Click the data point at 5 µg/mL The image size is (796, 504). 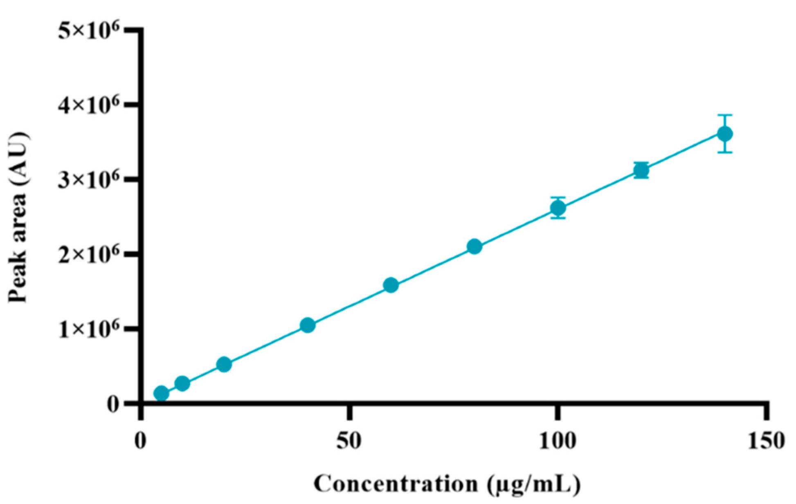[x=161, y=393]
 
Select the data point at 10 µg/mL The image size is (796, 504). [x=182, y=383]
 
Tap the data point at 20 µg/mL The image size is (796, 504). [x=224, y=364]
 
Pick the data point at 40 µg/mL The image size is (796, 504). [x=307, y=325]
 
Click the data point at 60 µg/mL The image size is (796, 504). [x=391, y=285]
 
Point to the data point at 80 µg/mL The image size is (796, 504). [x=474, y=246]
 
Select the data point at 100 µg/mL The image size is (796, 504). [x=558, y=208]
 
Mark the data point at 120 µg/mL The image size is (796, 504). [x=641, y=170]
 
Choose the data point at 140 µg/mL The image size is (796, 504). [x=725, y=134]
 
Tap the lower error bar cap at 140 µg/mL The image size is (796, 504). [x=725, y=152]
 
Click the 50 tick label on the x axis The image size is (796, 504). [x=349, y=441]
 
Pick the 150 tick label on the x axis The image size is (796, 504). [x=766, y=441]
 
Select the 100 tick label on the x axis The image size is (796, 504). [x=557, y=441]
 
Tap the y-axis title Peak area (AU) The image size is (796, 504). [x=18, y=217]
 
